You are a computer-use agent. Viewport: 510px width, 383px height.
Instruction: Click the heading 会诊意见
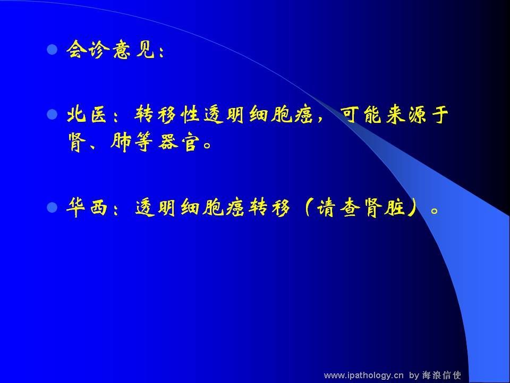110,50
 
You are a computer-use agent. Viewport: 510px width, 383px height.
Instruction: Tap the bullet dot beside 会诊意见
52,50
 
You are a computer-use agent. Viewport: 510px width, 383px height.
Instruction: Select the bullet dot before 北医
52,114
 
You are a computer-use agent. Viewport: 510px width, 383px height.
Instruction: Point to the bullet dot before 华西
52,207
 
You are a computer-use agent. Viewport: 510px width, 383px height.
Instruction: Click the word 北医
87,114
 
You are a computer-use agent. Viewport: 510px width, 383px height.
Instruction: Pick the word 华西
87,207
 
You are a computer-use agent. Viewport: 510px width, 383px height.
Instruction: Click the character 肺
121,143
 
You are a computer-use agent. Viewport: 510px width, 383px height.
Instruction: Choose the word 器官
178,143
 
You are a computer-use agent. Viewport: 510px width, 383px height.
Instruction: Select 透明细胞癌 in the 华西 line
189,207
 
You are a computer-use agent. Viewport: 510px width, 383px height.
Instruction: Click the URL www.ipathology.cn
363,376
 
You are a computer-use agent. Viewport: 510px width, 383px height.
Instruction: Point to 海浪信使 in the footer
441,375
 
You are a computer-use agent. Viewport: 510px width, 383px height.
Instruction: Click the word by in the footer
414,376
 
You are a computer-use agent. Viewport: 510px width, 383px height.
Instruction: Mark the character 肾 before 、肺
77,143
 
